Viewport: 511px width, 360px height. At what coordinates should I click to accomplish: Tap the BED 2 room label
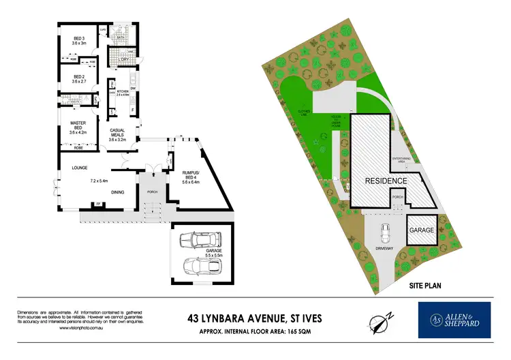click(x=79, y=77)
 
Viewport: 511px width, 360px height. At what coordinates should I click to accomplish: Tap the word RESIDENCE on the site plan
click(x=385, y=181)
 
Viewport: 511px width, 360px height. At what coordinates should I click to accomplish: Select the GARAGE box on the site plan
click(x=422, y=230)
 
